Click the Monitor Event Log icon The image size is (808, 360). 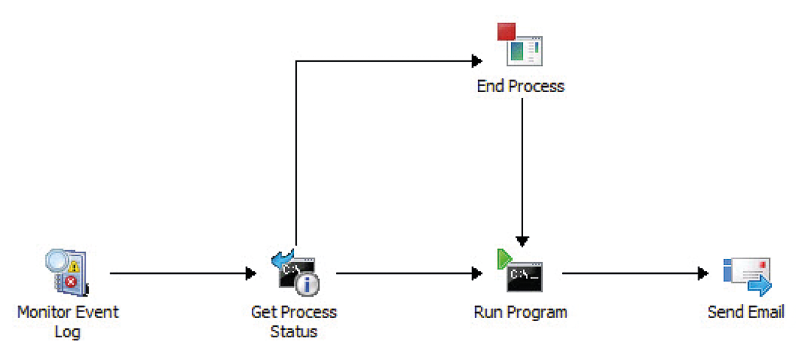tap(67, 274)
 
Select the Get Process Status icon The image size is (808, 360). tap(296, 273)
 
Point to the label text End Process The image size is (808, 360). tap(521, 86)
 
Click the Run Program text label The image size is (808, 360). tap(521, 312)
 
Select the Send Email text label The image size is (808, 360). tap(745, 312)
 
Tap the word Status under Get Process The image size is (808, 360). tap(294, 331)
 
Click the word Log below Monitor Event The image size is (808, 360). tap(68, 331)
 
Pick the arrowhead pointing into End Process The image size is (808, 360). tap(477, 61)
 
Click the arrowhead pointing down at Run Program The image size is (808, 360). tap(522, 241)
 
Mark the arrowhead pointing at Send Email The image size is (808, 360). tap(703, 274)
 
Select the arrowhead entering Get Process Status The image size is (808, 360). tap(251, 274)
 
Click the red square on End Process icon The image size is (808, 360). tap(506, 32)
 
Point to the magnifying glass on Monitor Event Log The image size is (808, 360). tap(57, 261)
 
